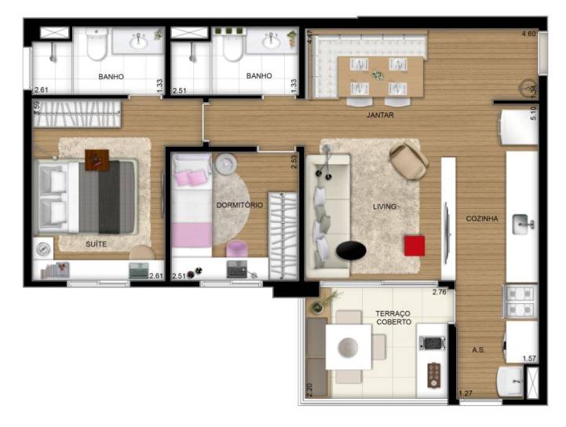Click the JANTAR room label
point(380,115)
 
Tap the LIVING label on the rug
point(384,206)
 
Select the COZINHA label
point(482,218)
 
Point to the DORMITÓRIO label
point(239,205)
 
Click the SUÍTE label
point(96,244)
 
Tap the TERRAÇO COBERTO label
point(393,318)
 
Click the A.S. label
point(478,350)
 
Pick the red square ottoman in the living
point(414,246)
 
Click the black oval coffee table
point(351,250)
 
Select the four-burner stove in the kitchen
point(520,301)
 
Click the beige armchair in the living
point(409,161)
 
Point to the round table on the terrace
point(348,347)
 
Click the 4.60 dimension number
point(529,34)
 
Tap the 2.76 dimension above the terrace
point(440,292)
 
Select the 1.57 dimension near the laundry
point(529,359)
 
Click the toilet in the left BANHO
point(97,45)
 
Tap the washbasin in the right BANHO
point(271,41)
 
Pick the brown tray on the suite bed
point(97,160)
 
